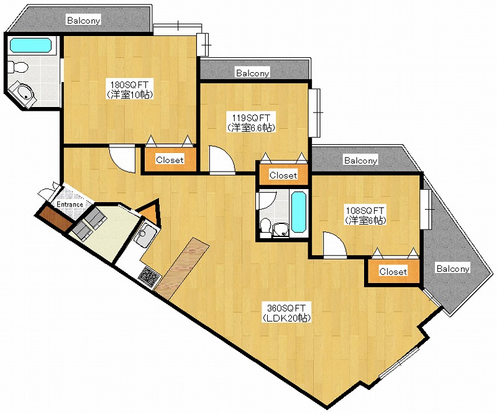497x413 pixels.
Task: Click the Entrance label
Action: click(x=70, y=205)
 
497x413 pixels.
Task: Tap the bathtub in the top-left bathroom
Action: click(x=30, y=45)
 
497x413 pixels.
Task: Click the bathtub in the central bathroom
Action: click(x=298, y=211)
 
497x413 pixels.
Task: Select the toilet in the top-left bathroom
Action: click(x=18, y=67)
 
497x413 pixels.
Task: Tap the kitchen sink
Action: click(x=145, y=235)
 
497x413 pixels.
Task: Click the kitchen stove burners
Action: click(x=150, y=276)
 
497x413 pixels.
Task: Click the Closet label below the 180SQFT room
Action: click(x=170, y=160)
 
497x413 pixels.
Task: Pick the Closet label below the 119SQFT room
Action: click(x=283, y=175)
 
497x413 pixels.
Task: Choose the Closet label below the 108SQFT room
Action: click(x=393, y=272)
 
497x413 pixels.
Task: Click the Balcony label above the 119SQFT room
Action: click(x=253, y=73)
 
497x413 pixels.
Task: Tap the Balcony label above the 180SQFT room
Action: click(x=84, y=21)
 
